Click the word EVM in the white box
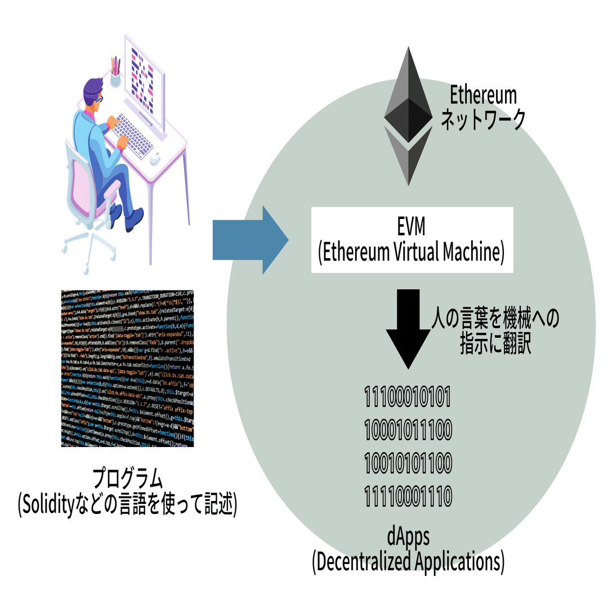[x=411, y=227]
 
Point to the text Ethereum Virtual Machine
[x=412, y=252]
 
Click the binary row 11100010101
[x=408, y=397]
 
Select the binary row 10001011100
[x=408, y=431]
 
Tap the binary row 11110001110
[x=408, y=497]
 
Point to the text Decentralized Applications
[x=408, y=562]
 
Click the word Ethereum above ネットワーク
[x=482, y=95]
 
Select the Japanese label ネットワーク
[x=482, y=120]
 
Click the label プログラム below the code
[x=128, y=479]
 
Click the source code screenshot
[x=127, y=368]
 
